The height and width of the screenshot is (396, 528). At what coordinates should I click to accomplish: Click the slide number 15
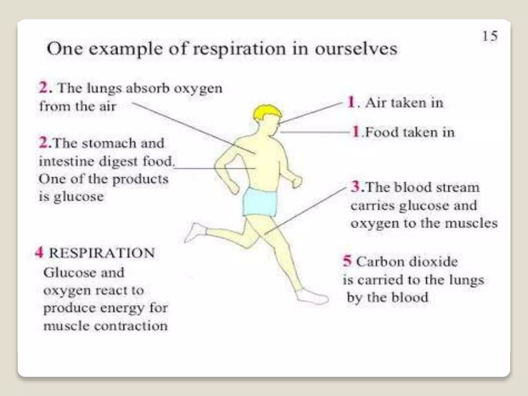(x=490, y=36)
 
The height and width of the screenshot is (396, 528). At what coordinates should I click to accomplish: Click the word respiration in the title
(x=240, y=49)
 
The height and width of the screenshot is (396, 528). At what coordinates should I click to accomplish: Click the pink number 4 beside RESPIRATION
(x=39, y=252)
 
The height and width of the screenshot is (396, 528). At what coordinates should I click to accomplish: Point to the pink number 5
(x=347, y=261)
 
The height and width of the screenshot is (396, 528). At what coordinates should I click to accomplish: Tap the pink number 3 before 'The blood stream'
(x=356, y=187)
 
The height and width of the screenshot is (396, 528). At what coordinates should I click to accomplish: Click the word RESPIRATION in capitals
(x=102, y=253)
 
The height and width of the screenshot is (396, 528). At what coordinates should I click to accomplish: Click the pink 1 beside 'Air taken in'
(x=351, y=102)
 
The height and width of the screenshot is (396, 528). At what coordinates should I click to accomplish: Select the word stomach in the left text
(x=109, y=143)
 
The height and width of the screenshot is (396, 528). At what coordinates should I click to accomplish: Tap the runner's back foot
(x=195, y=233)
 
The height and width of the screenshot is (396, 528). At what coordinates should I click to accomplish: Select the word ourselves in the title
(x=356, y=49)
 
